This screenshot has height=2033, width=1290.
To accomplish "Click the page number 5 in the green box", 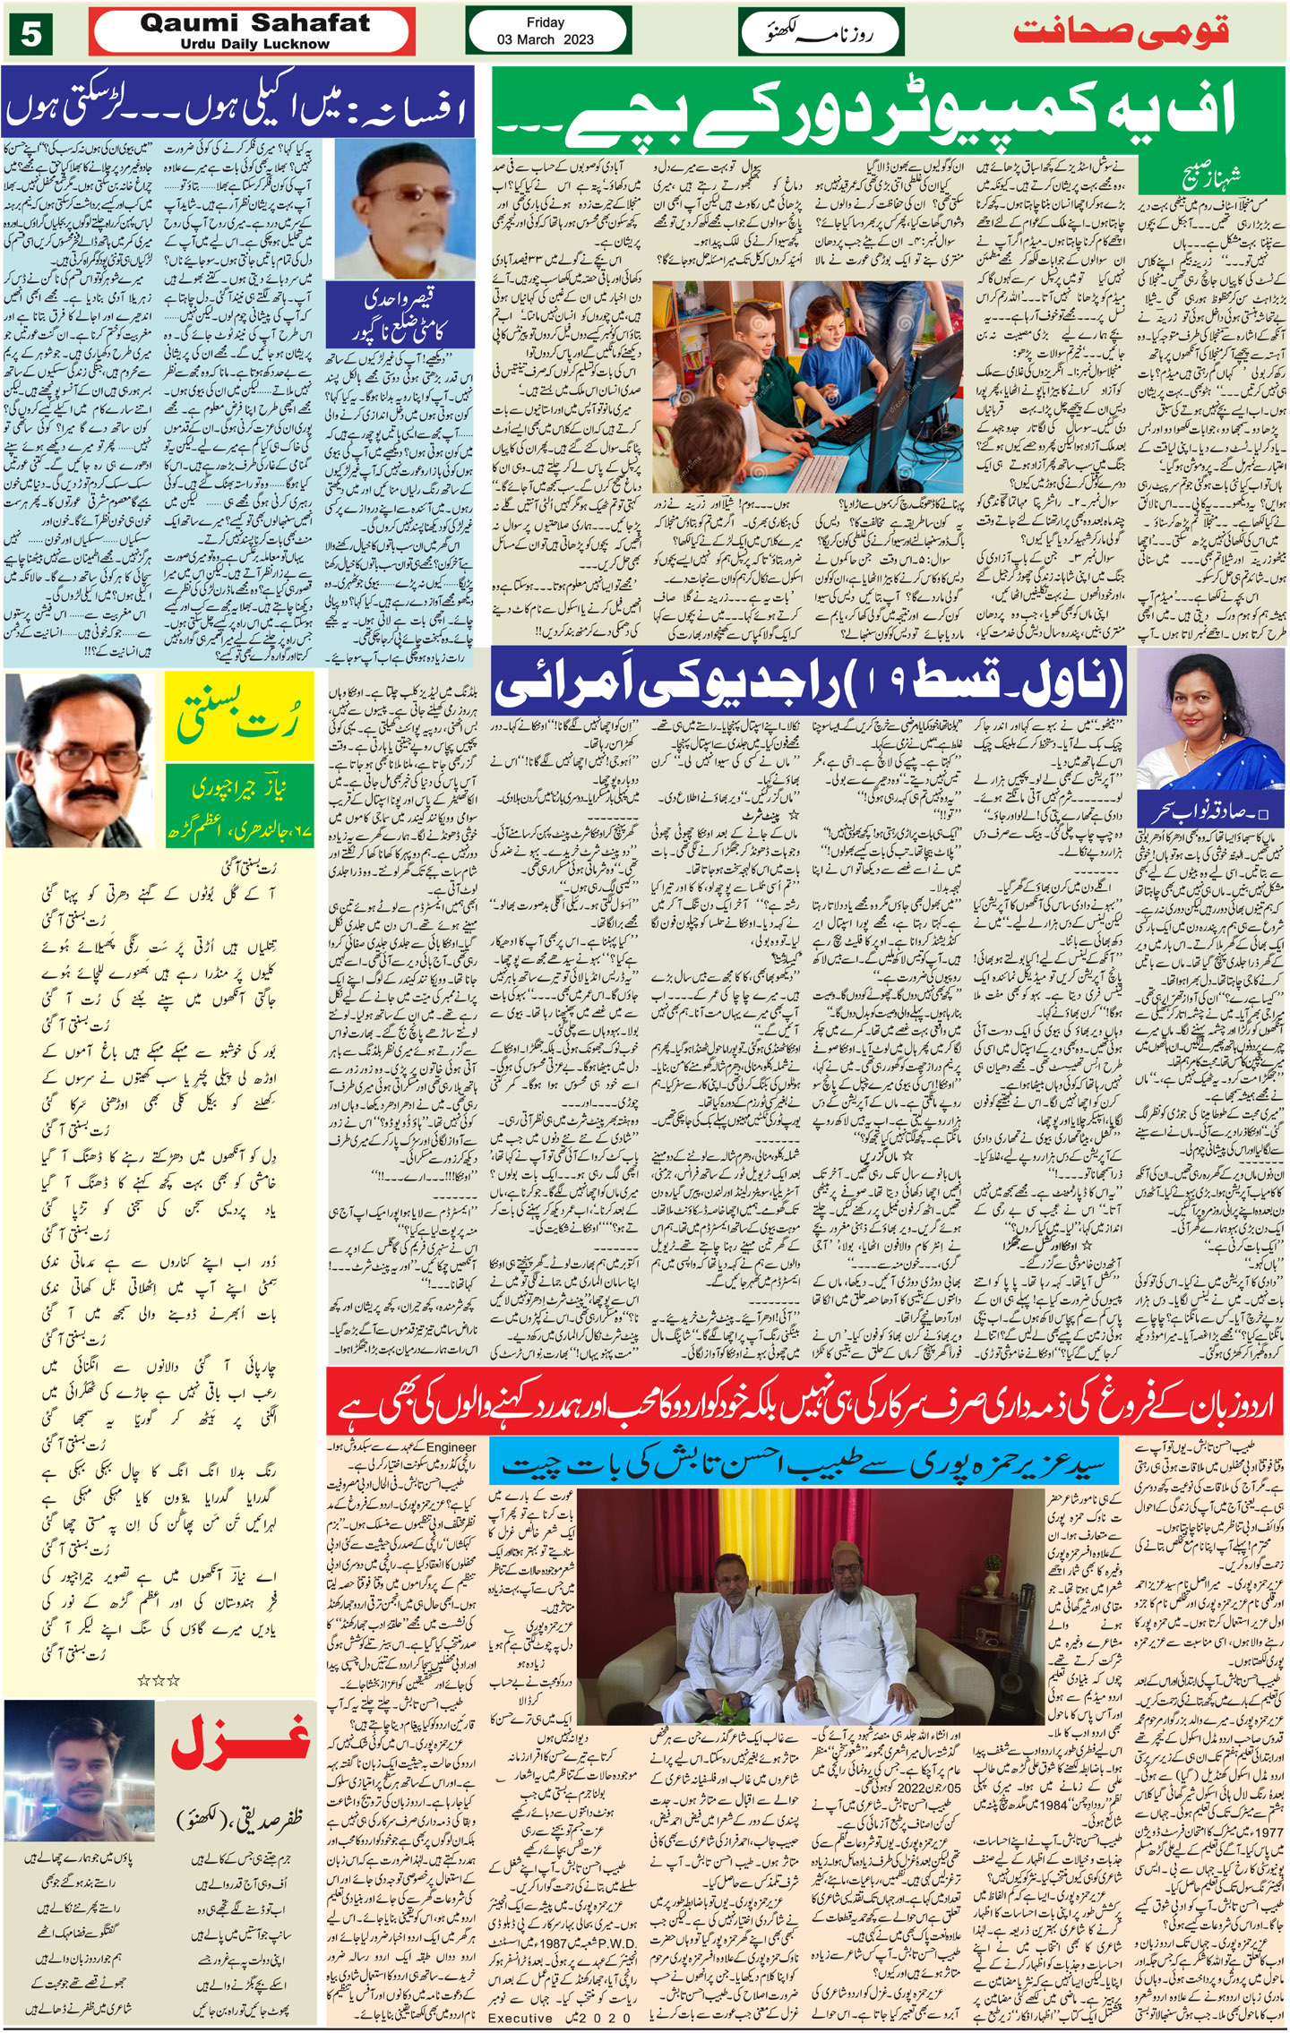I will (x=31, y=33).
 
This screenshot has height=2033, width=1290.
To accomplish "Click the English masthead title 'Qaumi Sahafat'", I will (x=255, y=23).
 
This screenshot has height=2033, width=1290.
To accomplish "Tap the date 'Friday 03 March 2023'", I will (x=545, y=31).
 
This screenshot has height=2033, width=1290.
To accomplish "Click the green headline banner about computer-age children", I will (x=887, y=113).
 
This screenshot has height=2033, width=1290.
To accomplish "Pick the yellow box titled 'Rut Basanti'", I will (x=239, y=717).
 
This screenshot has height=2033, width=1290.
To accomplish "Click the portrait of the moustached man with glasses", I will (x=82, y=760).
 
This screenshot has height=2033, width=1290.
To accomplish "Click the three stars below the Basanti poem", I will (x=159, y=1680).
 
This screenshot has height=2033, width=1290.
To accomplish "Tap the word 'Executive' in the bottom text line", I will (x=520, y=2018).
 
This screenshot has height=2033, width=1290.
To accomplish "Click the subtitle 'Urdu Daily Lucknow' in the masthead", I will (x=254, y=44).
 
